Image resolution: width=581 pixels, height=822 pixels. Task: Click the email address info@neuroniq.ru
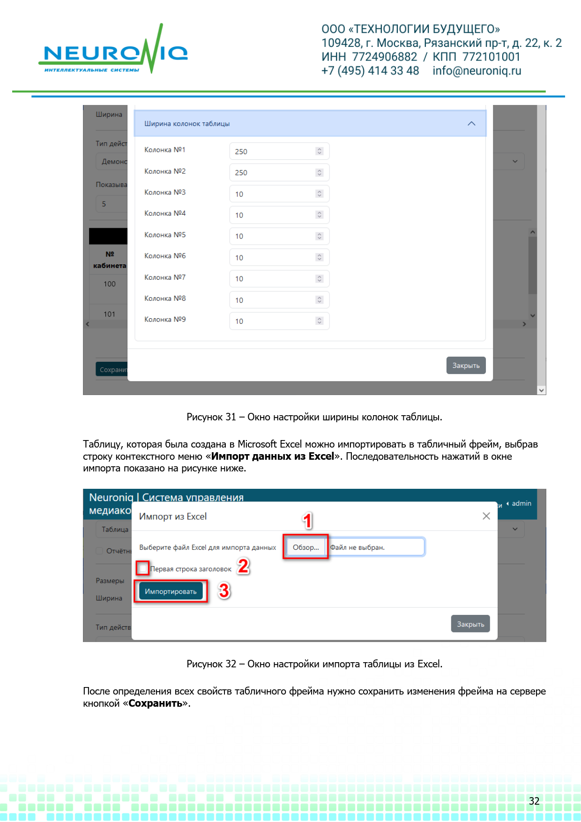click(477, 71)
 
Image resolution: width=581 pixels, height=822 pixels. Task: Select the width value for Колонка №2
click(241, 173)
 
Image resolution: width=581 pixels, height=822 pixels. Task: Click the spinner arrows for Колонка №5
click(320, 236)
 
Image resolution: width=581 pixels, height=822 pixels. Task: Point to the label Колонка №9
click(165, 320)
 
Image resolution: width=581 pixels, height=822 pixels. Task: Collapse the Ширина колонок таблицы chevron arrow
click(471, 124)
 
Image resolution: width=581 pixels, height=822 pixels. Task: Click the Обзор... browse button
click(305, 547)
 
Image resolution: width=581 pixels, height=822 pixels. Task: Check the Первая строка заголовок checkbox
click(143, 568)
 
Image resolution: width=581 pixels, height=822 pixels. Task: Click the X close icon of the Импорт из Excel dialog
click(486, 516)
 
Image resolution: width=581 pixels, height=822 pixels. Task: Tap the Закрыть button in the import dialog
click(470, 624)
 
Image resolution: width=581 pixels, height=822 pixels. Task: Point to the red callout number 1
click(307, 521)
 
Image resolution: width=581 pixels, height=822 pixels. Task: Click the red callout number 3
click(224, 590)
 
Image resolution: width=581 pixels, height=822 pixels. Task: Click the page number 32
click(534, 801)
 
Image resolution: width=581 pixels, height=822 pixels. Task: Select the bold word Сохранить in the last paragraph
click(156, 703)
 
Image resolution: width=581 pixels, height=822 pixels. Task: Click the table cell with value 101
click(109, 314)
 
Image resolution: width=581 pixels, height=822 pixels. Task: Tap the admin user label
click(521, 503)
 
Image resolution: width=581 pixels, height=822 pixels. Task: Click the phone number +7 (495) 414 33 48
click(370, 71)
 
